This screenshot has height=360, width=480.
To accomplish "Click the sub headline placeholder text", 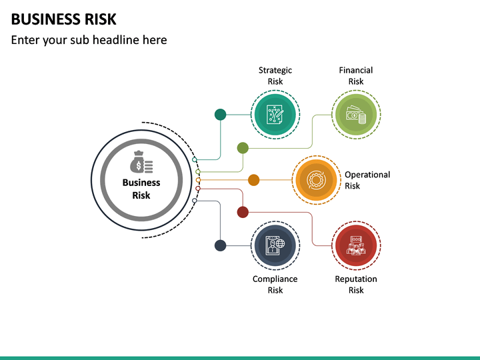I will click(x=89, y=40).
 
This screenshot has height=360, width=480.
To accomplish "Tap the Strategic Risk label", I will click(x=275, y=75).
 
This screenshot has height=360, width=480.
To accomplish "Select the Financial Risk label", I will click(x=356, y=75).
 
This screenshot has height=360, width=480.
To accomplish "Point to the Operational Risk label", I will click(x=367, y=180).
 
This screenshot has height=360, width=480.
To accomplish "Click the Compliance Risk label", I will click(x=275, y=285).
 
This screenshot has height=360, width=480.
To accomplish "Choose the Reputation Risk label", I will click(x=356, y=285).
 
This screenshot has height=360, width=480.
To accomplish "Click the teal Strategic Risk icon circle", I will click(x=276, y=115).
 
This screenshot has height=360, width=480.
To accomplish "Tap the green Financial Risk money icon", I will click(x=356, y=115).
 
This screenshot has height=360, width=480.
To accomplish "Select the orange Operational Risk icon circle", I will click(x=316, y=180).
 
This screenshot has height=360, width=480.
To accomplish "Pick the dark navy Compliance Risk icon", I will click(x=276, y=245).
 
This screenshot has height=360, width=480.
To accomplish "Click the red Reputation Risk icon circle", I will click(x=356, y=245).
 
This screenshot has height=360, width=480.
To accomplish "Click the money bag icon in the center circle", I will click(x=141, y=163).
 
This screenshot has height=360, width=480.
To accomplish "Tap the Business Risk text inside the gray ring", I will click(x=141, y=189).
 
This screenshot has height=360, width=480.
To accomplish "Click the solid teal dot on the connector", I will click(x=220, y=115).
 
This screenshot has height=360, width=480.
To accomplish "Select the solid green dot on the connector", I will click(x=243, y=148).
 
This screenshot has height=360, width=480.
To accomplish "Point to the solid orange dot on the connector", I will click(x=253, y=180).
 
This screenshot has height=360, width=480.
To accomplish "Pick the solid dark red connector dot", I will click(x=243, y=212).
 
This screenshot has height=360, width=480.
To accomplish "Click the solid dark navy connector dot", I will click(x=220, y=245).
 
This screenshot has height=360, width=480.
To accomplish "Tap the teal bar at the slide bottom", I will click(x=240, y=357).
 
